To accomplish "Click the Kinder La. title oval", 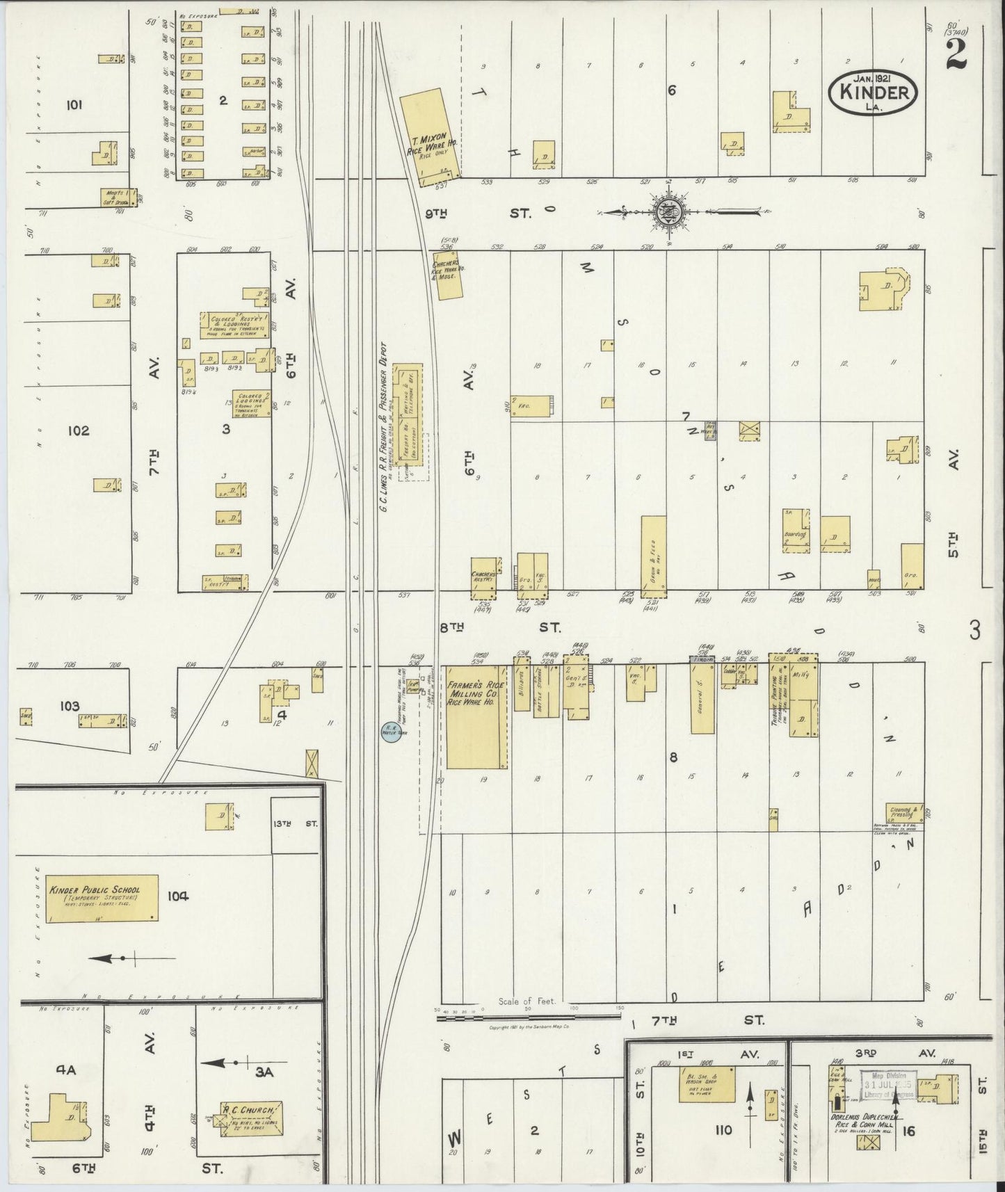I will [x=873, y=90].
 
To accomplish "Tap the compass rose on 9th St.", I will [x=666, y=211].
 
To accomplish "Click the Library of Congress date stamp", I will [x=888, y=1085].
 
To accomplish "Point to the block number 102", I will [x=78, y=430].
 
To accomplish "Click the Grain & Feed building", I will [x=653, y=556].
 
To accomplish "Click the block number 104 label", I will [x=177, y=896].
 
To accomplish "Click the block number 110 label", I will [x=723, y=1129].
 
